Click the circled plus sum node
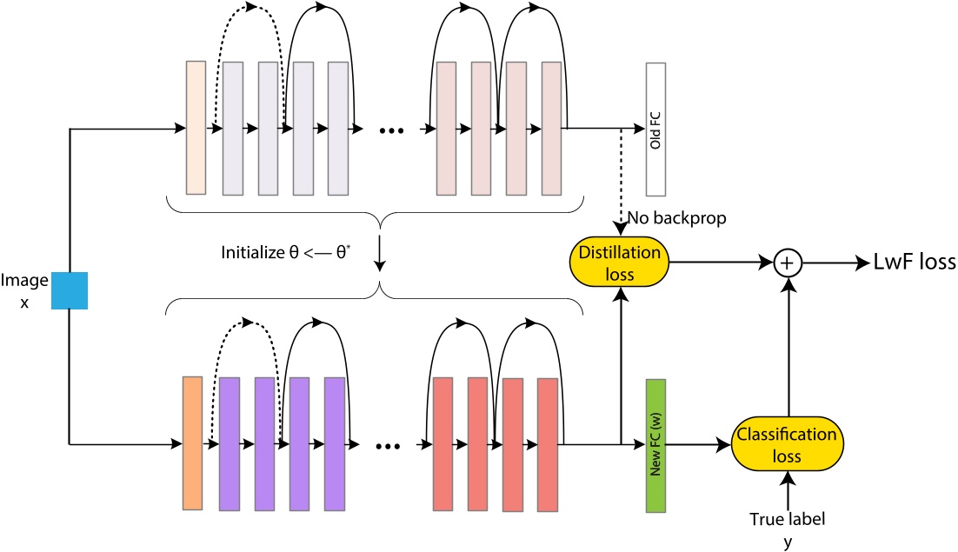click(786, 262)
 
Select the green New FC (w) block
click(655, 444)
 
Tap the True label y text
click(787, 528)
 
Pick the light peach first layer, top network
click(196, 128)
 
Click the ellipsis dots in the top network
click(393, 131)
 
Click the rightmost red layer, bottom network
click(547, 443)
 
